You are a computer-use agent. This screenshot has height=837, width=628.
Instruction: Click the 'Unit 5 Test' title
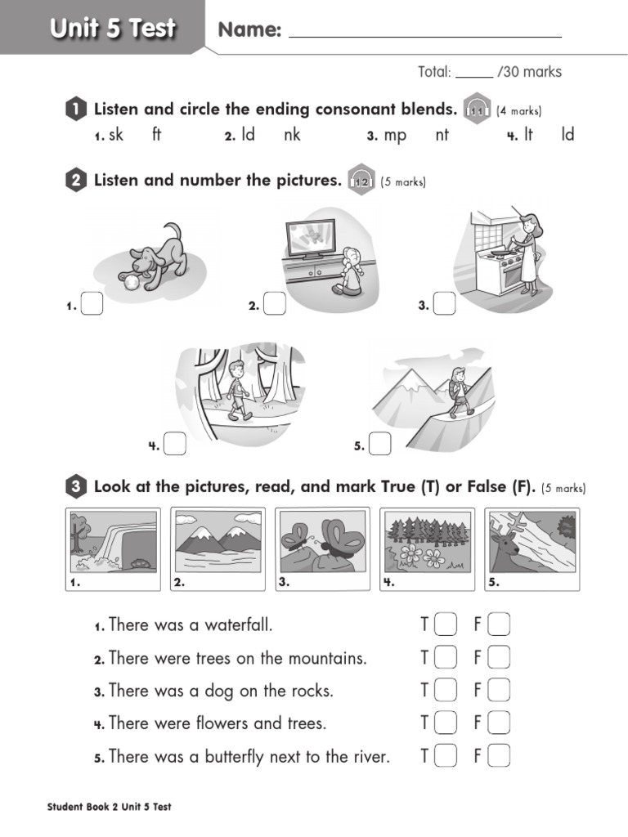click(112, 29)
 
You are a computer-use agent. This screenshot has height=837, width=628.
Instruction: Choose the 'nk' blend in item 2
click(292, 135)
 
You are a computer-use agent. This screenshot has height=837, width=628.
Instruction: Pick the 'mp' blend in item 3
click(395, 135)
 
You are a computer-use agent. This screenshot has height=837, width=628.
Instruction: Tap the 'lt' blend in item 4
click(528, 135)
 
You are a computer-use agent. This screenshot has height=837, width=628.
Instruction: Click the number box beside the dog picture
click(92, 304)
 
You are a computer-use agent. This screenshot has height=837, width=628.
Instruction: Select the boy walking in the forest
click(236, 389)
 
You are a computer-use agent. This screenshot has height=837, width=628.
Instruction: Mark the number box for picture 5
click(379, 444)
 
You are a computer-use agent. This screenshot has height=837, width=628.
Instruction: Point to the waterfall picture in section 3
click(114, 541)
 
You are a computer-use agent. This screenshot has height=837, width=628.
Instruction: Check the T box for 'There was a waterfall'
click(446, 625)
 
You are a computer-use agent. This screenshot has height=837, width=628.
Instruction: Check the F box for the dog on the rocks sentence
click(499, 691)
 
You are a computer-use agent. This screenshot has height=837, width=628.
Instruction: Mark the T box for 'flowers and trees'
click(446, 723)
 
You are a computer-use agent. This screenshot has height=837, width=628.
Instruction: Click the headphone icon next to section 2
click(361, 181)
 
